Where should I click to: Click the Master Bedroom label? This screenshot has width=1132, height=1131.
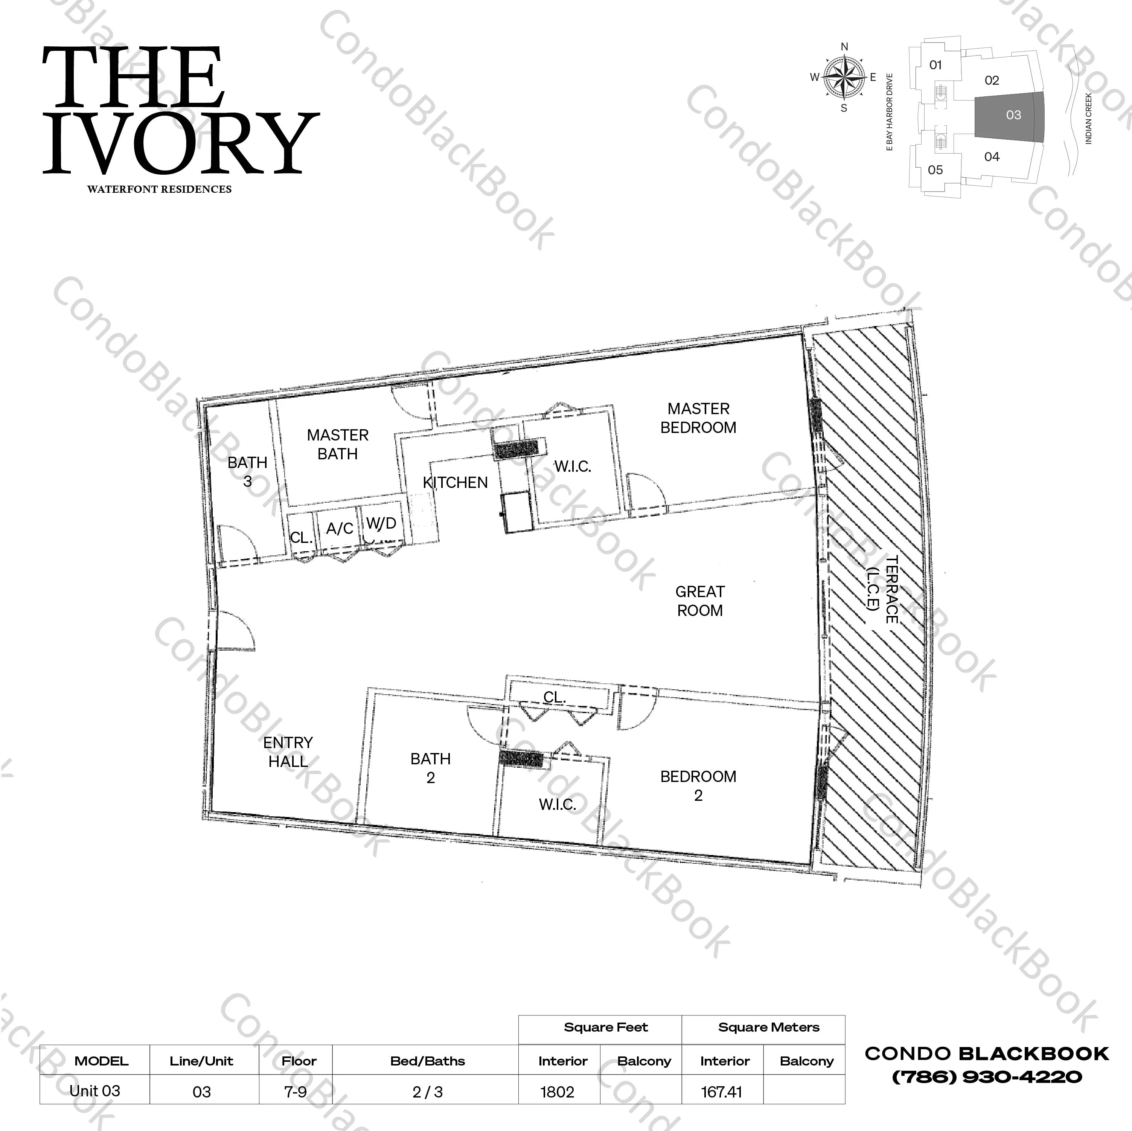click(x=698, y=418)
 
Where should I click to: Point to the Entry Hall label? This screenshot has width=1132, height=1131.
click(x=288, y=752)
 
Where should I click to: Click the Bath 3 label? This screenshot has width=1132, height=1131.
click(x=247, y=471)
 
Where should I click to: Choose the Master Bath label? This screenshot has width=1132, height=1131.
click(x=337, y=444)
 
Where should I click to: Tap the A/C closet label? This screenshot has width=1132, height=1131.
click(x=339, y=529)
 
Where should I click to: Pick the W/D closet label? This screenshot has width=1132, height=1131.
click(x=381, y=523)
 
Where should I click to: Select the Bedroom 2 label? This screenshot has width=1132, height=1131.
click(x=698, y=786)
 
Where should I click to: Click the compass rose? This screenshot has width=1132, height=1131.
click(x=844, y=77)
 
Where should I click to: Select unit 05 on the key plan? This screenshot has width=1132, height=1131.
click(x=935, y=170)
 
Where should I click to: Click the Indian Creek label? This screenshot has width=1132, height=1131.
click(x=1089, y=118)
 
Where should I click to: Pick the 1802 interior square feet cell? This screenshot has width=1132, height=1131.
click(x=557, y=1092)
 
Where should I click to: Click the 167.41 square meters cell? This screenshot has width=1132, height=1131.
click(x=721, y=1092)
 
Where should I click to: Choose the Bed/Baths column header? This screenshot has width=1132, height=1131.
click(x=427, y=1061)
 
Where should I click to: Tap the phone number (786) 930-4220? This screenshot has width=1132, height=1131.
click(x=987, y=1077)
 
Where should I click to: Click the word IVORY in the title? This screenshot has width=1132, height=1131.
click(x=181, y=143)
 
